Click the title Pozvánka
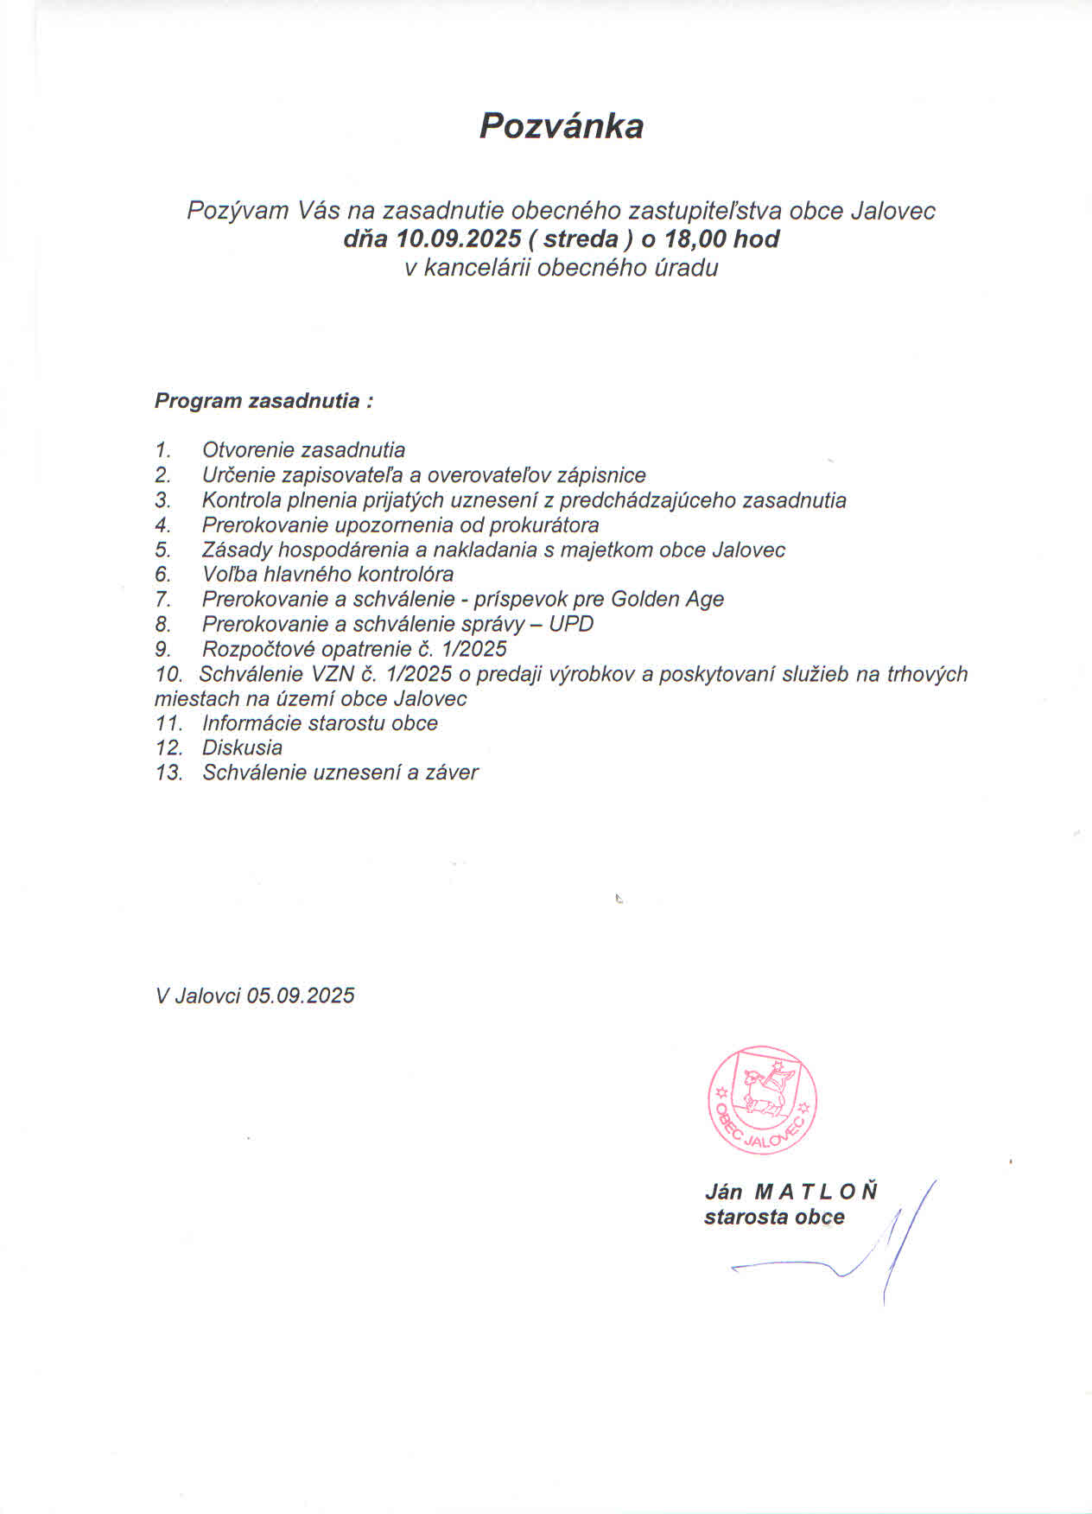561,126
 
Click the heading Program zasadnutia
263,401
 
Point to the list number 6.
162,574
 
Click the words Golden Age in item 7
667,599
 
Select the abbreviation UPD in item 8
571,624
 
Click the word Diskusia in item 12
242,747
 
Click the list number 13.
169,773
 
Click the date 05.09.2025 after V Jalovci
300,996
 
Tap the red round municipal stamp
762,1099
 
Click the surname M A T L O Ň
816,1192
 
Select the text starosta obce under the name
774,1218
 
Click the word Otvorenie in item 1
248,449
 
